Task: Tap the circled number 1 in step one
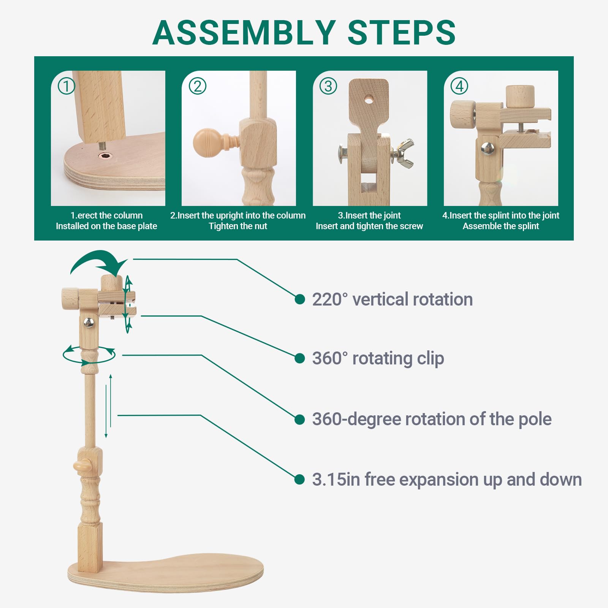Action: click(x=66, y=86)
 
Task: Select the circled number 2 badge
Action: click(x=198, y=86)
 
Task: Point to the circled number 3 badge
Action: click(x=328, y=86)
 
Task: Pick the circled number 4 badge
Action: click(x=459, y=86)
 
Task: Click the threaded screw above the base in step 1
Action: click(x=102, y=146)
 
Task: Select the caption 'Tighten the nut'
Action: click(x=238, y=226)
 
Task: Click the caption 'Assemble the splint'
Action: click(x=501, y=226)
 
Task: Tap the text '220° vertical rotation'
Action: click(x=393, y=299)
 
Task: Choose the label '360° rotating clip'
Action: click(x=378, y=358)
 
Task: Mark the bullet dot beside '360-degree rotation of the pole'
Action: click(x=300, y=420)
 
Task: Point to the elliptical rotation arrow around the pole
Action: click(x=89, y=355)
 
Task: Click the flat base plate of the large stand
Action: click(x=166, y=572)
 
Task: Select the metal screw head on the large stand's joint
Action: click(x=89, y=323)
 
